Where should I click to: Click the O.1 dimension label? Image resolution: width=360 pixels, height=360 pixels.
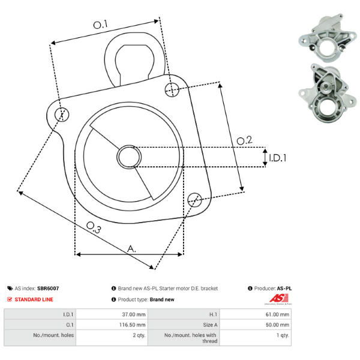(100, 25)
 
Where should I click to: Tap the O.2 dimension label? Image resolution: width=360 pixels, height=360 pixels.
(244, 140)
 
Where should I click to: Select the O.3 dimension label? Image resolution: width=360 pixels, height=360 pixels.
(94, 227)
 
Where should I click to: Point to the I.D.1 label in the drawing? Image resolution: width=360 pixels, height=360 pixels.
(278, 158)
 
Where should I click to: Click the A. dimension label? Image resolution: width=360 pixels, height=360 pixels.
(131, 248)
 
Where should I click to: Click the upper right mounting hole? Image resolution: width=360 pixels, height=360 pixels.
(172, 90)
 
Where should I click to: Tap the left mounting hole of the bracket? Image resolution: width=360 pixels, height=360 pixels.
(62, 114)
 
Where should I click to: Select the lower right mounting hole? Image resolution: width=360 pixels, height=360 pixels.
(194, 200)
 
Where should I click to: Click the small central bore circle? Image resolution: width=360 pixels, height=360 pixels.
(129, 157)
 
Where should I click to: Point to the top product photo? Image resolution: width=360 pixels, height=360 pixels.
(328, 38)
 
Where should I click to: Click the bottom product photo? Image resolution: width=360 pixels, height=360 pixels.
(328, 94)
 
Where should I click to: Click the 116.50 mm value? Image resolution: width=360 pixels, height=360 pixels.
(132, 325)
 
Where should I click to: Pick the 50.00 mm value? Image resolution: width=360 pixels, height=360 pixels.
(277, 325)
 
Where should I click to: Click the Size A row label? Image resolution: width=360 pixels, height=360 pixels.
(210, 325)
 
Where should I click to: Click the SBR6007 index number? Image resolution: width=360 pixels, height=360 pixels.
(48, 289)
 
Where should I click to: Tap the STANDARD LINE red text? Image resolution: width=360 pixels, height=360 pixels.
(34, 299)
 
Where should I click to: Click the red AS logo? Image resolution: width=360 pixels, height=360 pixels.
(279, 298)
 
